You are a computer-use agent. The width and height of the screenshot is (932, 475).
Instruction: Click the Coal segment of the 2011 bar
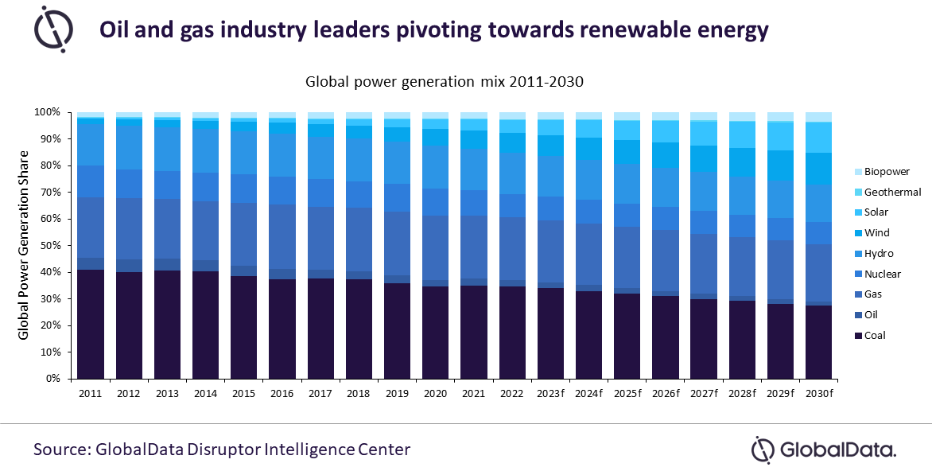coord(91,324)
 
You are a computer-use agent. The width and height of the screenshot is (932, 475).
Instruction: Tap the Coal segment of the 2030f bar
coord(819,341)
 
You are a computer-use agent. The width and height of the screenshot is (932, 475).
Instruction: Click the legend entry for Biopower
coord(887,171)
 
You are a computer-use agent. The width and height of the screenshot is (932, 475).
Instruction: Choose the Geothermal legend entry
coord(892,192)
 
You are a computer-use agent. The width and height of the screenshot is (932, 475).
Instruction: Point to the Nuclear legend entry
coord(883,274)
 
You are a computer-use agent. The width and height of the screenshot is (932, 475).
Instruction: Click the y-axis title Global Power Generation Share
coord(25,245)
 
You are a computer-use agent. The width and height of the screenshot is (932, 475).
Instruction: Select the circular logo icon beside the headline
coord(54,29)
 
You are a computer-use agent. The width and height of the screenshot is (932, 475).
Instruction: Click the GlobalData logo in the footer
coord(824,449)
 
